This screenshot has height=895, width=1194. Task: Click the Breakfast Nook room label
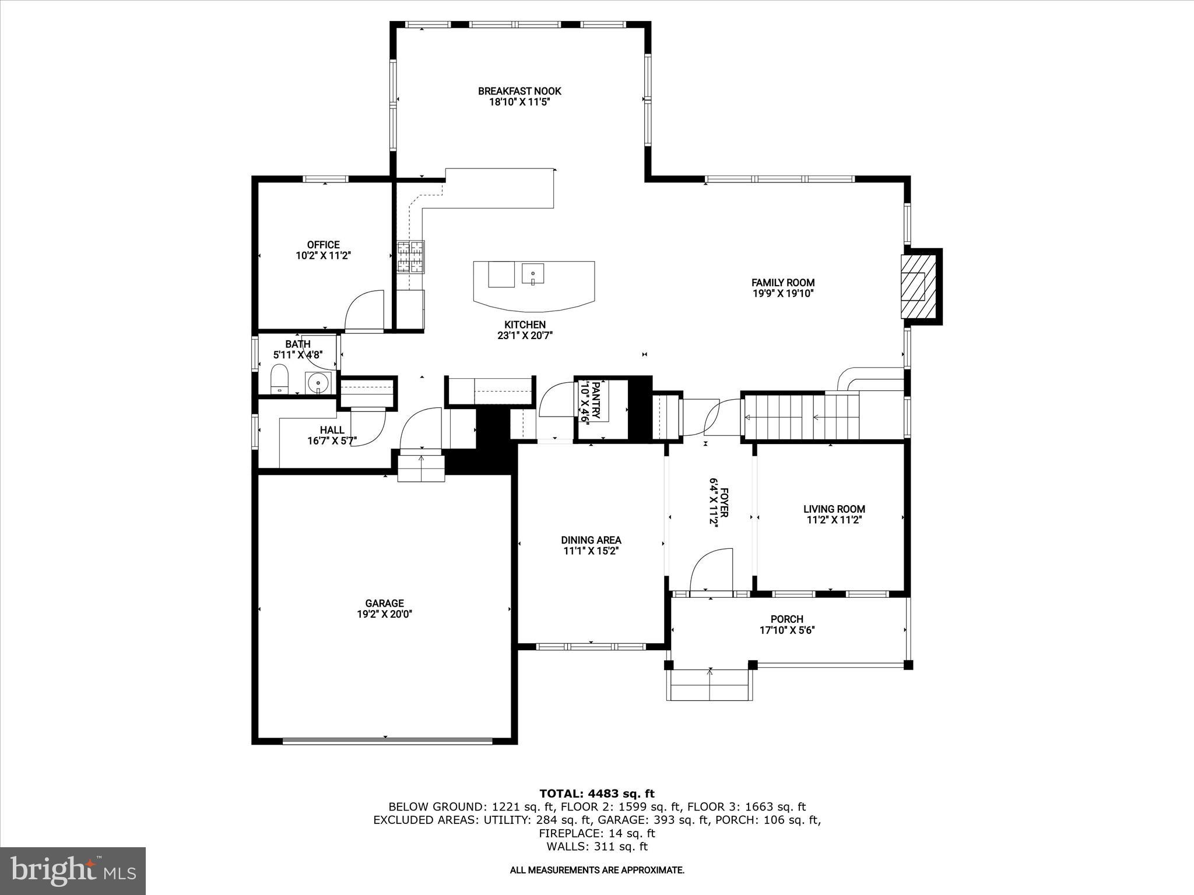pos(519,91)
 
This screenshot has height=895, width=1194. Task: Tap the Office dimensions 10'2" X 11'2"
pos(323,256)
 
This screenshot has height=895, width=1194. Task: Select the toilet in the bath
pos(280,379)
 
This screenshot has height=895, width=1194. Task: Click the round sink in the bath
pos(318,383)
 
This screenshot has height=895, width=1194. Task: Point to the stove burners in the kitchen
pos(411,257)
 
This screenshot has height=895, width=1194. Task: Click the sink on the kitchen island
pos(532,273)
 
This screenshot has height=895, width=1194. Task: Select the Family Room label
pos(782,283)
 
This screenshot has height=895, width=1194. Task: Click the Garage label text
pos(384,604)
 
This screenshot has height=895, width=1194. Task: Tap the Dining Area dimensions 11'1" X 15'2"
pos(591,551)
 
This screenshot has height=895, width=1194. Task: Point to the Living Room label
pos(834,509)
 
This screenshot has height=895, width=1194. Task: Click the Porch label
pos(786,619)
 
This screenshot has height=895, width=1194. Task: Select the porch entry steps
pos(710,685)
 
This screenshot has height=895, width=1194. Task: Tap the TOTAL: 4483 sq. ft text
pos(596,794)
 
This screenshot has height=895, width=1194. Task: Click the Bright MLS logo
pos(73,871)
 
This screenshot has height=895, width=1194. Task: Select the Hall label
pos(332,430)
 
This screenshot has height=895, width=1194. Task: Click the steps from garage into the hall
pos(421,468)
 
